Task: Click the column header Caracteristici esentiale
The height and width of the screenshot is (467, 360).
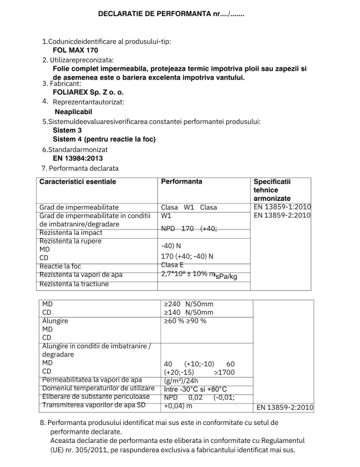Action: [77, 181]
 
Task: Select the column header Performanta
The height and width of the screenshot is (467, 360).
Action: [182, 181]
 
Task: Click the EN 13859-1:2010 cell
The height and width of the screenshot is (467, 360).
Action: [282, 206]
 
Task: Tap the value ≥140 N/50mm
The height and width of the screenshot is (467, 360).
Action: [189, 312]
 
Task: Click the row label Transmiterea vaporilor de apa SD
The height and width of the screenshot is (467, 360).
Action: [93, 405]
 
